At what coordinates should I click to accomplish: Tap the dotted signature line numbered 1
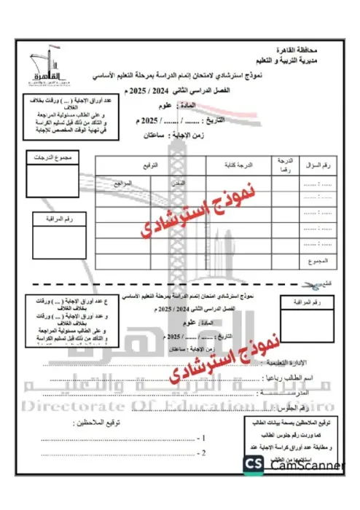pos(131,439)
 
